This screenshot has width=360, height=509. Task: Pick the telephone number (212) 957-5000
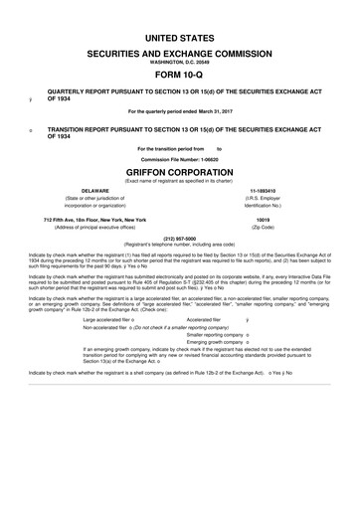click(180, 239)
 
